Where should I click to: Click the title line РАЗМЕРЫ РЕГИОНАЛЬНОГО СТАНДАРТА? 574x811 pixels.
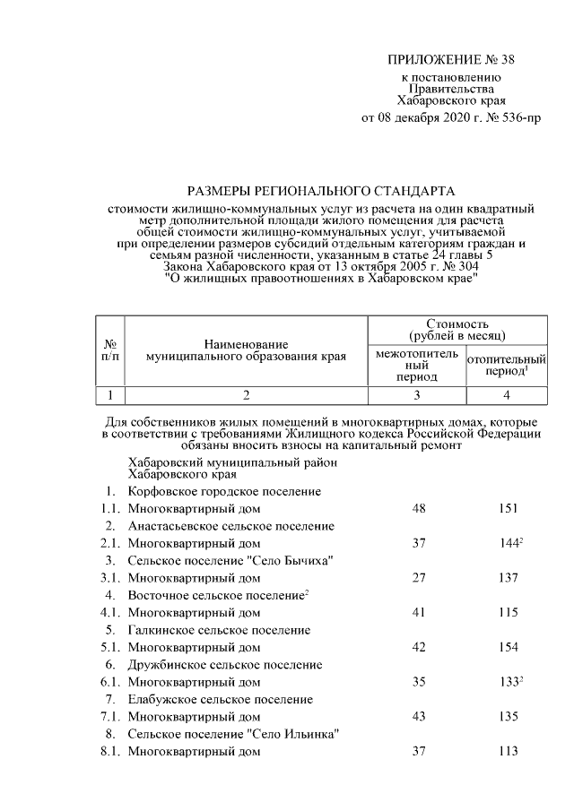click(321, 191)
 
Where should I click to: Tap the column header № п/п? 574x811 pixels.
click(109, 350)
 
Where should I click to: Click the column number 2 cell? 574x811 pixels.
click(245, 393)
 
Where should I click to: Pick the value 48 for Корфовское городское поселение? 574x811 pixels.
click(418, 508)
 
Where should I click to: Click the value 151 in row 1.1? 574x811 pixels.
click(509, 508)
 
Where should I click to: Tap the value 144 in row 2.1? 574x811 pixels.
click(507, 543)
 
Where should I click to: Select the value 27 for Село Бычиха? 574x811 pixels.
click(418, 578)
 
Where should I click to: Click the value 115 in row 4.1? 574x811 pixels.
click(509, 613)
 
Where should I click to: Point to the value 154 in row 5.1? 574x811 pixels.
click(509, 647)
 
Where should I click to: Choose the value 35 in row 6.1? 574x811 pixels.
click(418, 682)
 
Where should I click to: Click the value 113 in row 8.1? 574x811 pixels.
click(509, 752)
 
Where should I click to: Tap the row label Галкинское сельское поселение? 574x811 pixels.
click(219, 630)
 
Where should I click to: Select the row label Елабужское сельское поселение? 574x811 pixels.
click(220, 699)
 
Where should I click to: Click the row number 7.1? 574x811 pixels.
click(110, 717)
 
